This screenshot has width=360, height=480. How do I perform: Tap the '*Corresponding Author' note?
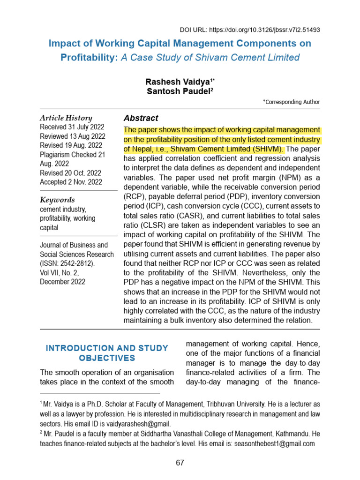click(x=291, y=102)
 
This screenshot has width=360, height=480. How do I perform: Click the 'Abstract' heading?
click(x=141, y=118)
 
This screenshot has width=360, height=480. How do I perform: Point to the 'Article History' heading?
click(x=66, y=118)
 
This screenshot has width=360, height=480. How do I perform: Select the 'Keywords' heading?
click(x=57, y=200)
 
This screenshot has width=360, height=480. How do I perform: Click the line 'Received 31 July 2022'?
click(x=72, y=127)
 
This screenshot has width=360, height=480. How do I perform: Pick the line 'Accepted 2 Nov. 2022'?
click(x=70, y=182)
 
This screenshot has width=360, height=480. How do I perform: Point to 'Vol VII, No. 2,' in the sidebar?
click(x=63, y=273)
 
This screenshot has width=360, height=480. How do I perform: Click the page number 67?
click(x=180, y=463)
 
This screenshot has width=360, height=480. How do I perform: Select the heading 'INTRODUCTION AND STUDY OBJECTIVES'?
click(x=107, y=353)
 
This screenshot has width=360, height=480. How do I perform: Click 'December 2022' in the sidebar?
click(x=63, y=282)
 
